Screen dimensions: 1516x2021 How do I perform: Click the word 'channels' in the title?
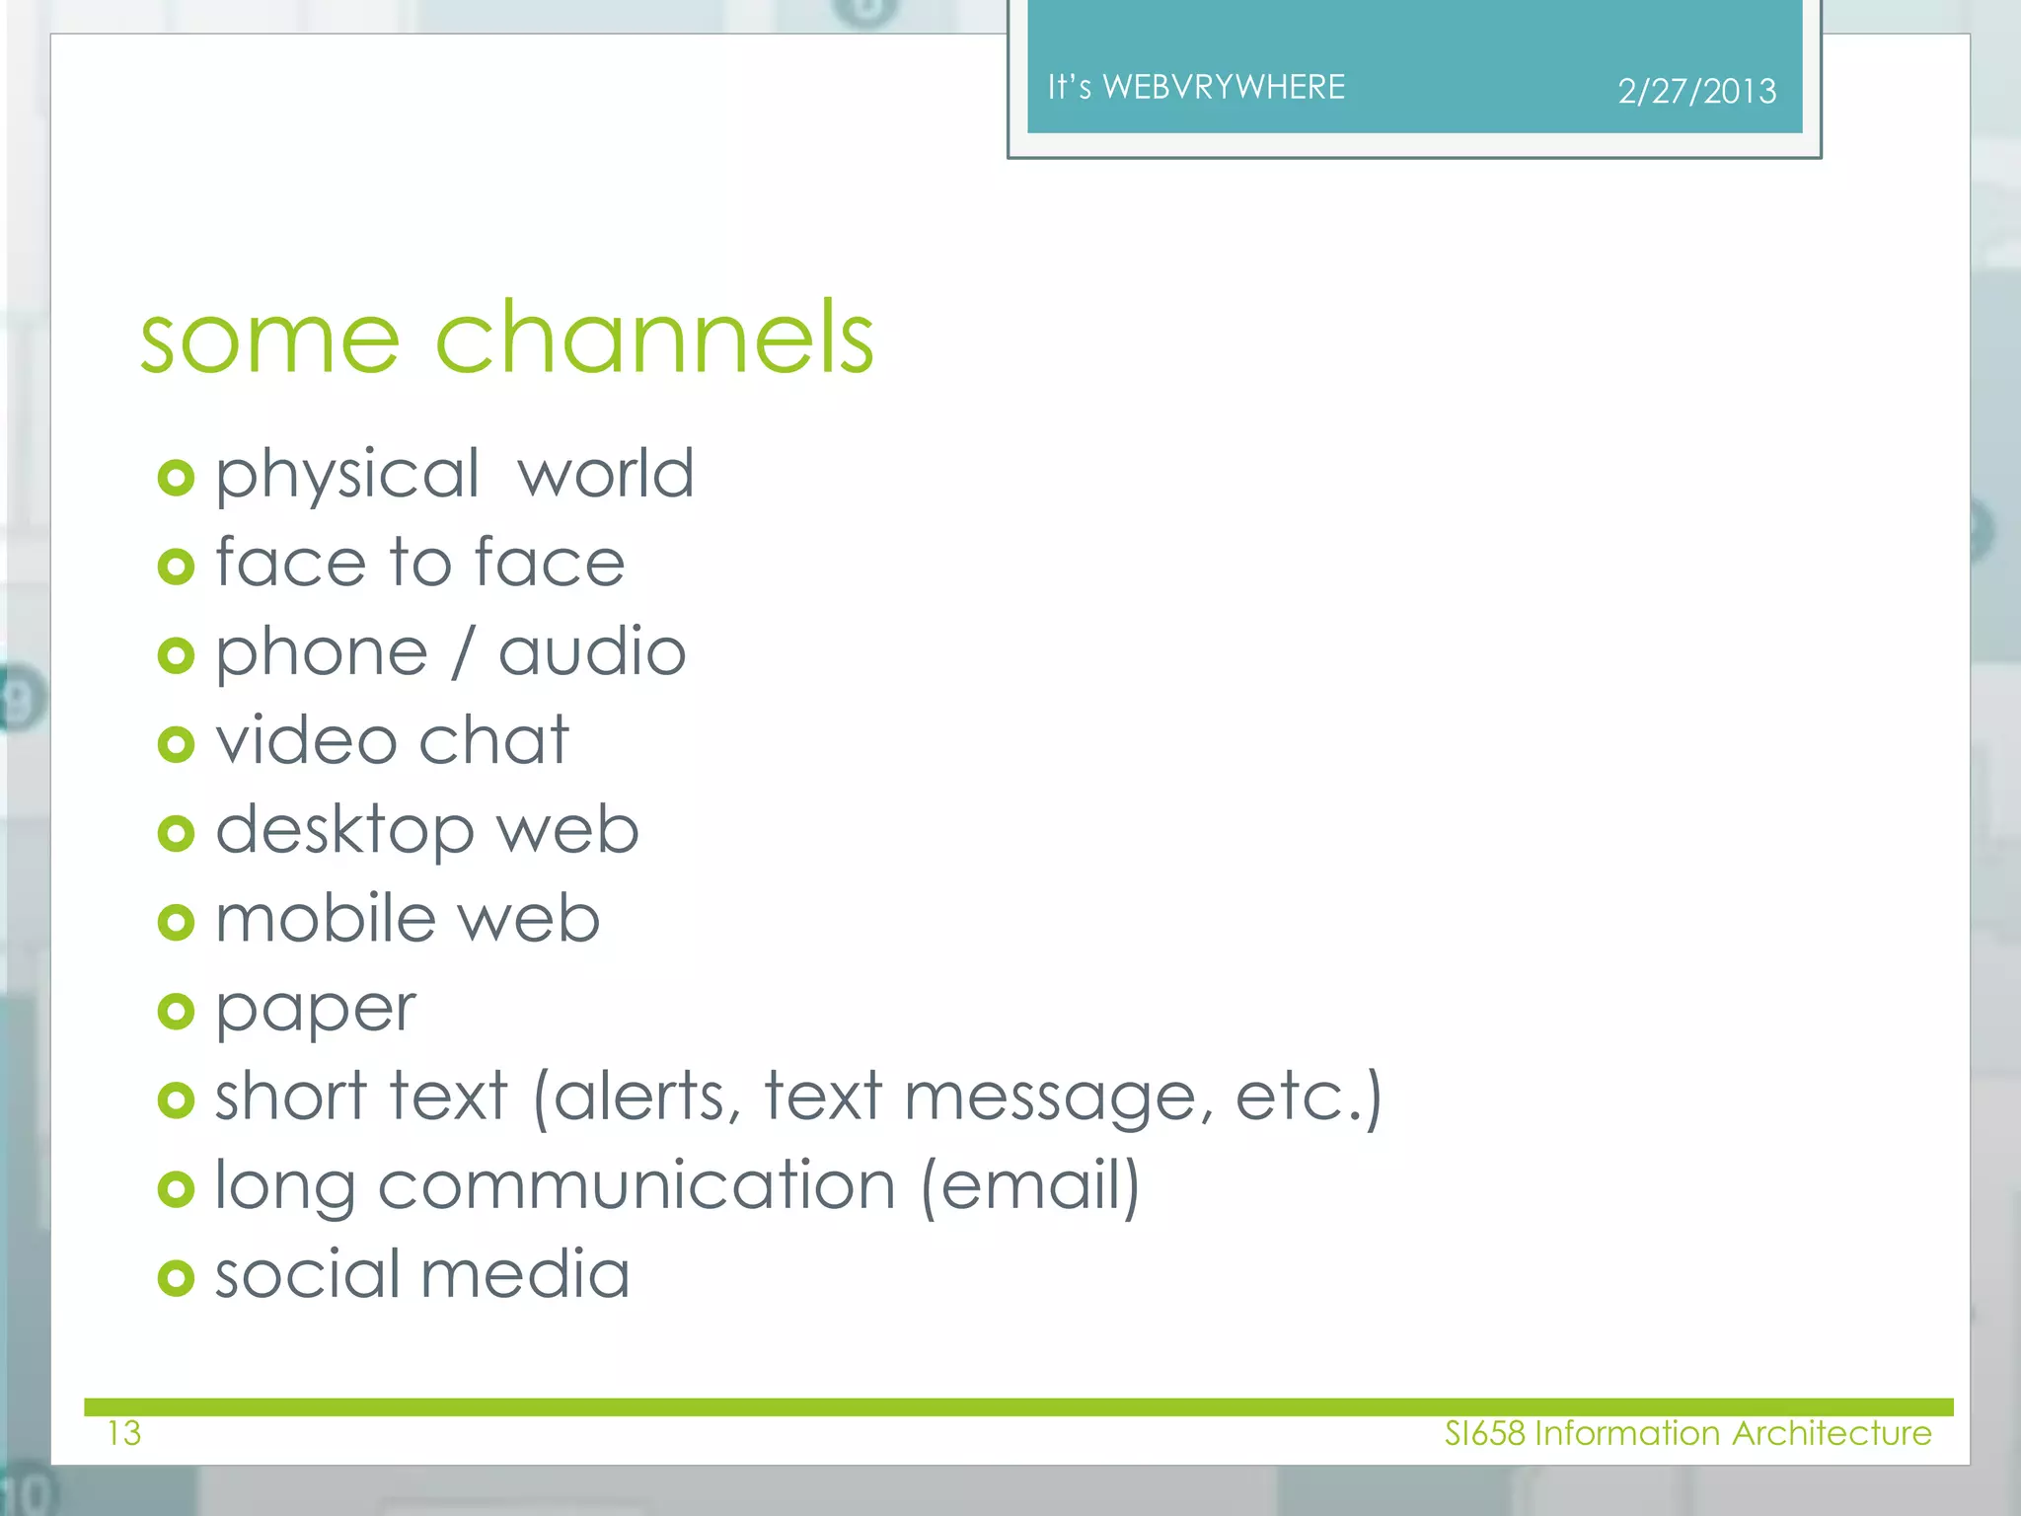point(654,338)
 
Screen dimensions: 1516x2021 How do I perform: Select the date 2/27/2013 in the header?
point(1696,92)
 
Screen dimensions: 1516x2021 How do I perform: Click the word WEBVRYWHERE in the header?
point(1224,88)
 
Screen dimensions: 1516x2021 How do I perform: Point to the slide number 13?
point(124,1433)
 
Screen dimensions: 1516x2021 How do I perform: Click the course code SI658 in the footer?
point(1484,1433)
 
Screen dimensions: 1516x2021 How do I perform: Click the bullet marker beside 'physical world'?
point(176,479)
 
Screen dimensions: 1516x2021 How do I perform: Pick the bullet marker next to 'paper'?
point(176,1012)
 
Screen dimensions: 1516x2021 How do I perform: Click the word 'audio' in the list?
point(592,652)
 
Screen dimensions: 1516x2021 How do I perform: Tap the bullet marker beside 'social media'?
point(176,1278)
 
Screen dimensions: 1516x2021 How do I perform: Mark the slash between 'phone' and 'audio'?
point(462,652)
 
